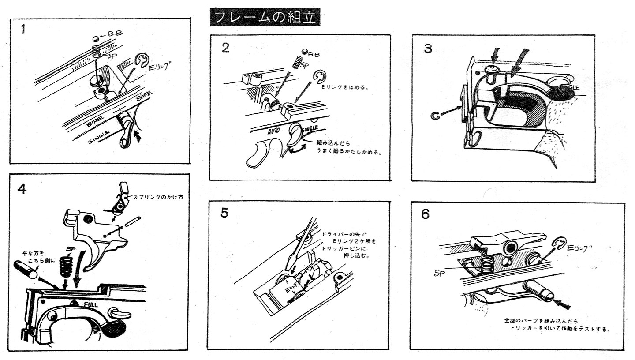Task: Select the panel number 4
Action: click(x=22, y=188)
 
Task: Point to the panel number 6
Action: click(x=425, y=214)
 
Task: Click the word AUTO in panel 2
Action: click(x=272, y=131)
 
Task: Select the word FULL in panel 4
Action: click(x=91, y=304)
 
